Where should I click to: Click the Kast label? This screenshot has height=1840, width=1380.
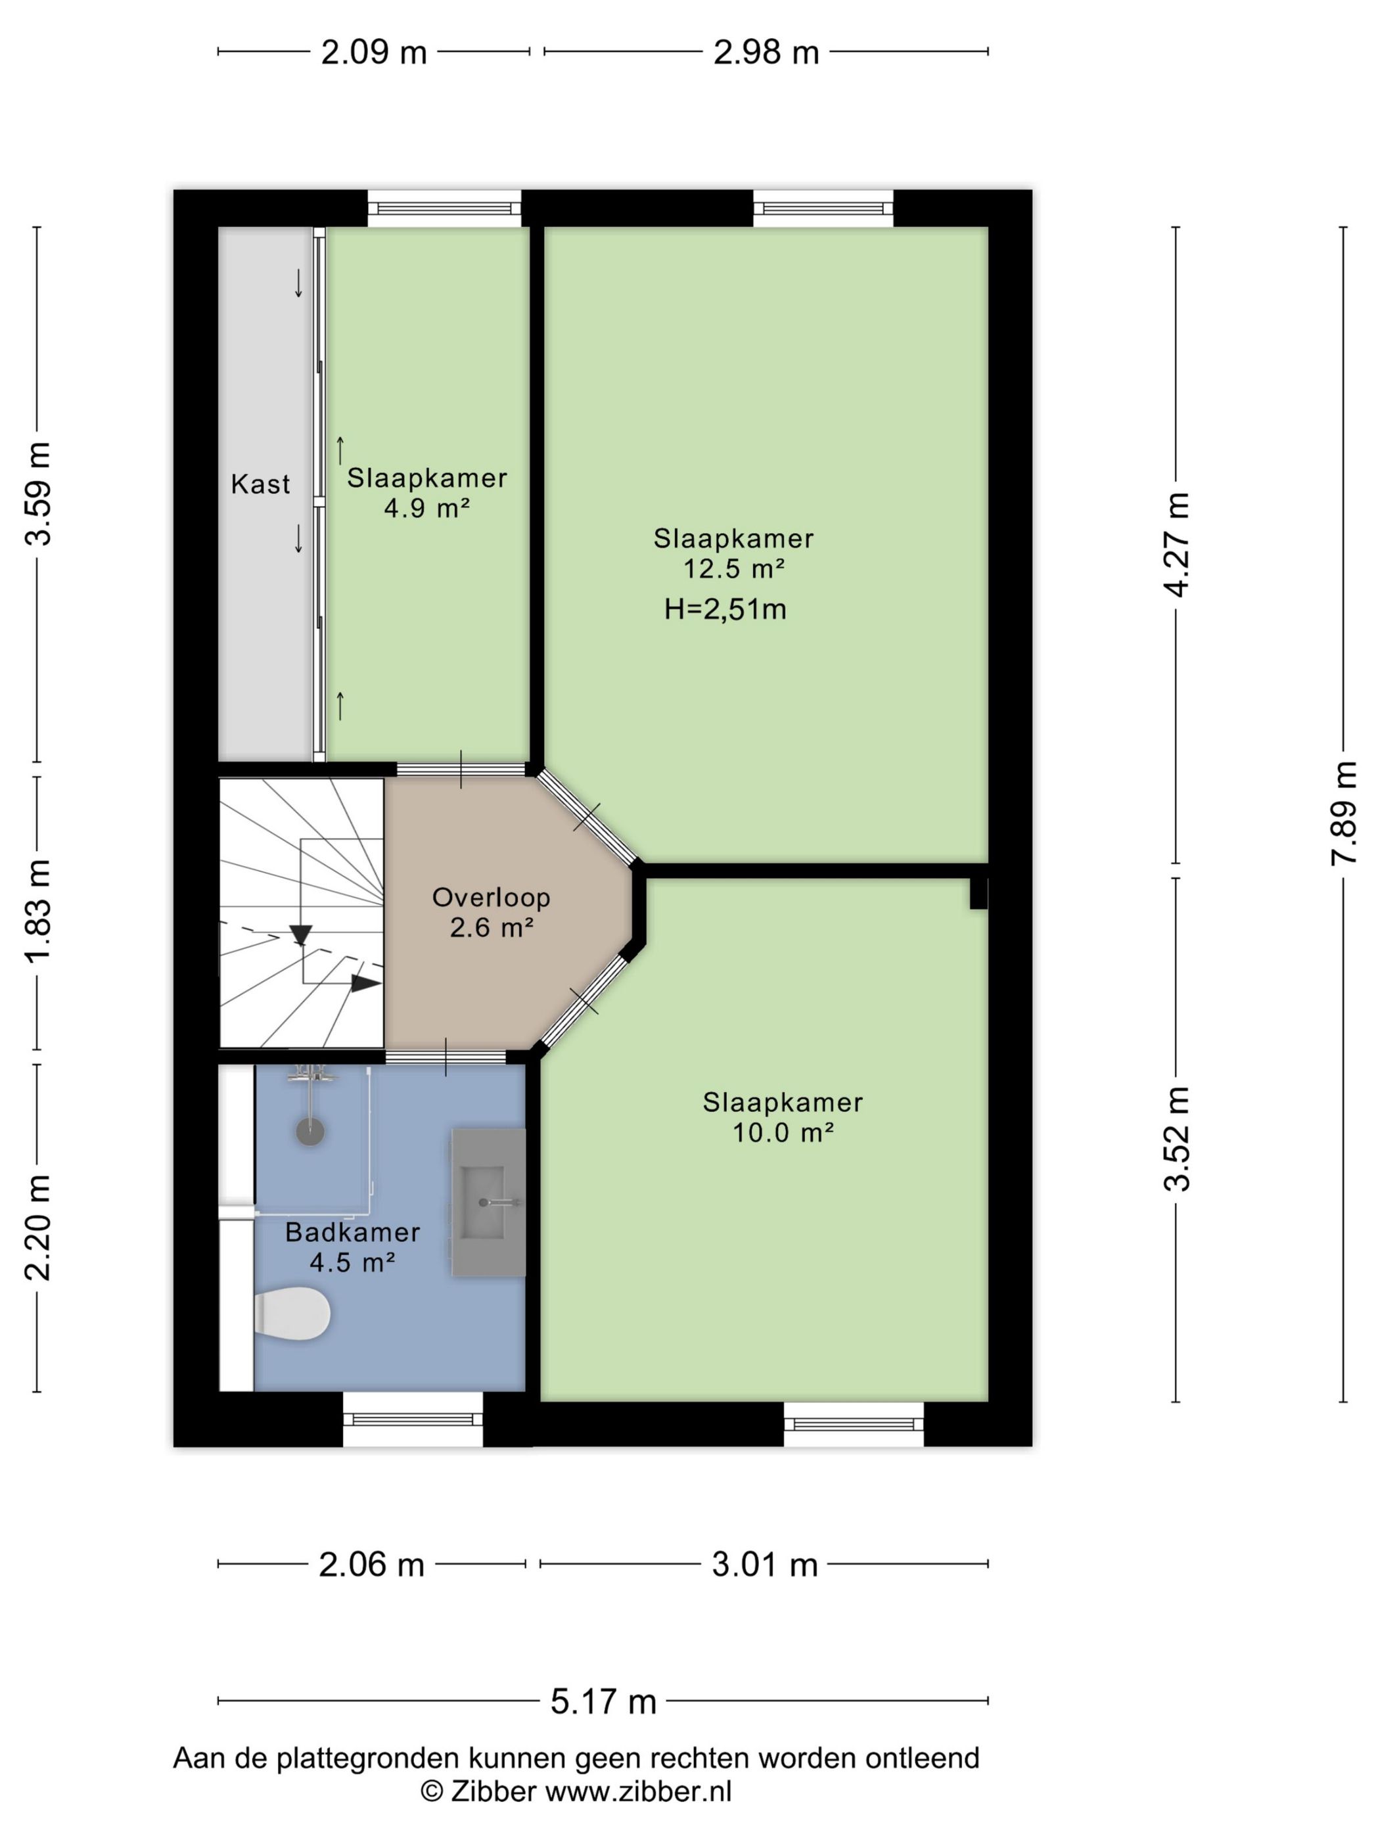(260, 484)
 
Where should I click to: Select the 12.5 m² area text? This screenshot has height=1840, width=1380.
(733, 569)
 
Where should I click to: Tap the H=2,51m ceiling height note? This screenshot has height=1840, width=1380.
(725, 610)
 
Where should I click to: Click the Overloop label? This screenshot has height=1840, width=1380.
(491, 897)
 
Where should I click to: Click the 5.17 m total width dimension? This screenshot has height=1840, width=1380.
(603, 1701)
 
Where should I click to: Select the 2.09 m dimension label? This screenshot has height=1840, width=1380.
(373, 53)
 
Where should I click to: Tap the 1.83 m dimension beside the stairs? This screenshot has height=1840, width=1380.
(38, 911)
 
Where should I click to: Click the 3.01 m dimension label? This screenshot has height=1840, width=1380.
(764, 1565)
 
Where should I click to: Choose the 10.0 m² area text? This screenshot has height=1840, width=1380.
(783, 1132)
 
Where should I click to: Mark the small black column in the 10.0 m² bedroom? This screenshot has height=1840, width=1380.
(978, 892)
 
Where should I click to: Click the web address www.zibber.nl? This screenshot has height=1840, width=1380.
(638, 1791)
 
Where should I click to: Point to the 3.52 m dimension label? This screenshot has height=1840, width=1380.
(1176, 1139)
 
